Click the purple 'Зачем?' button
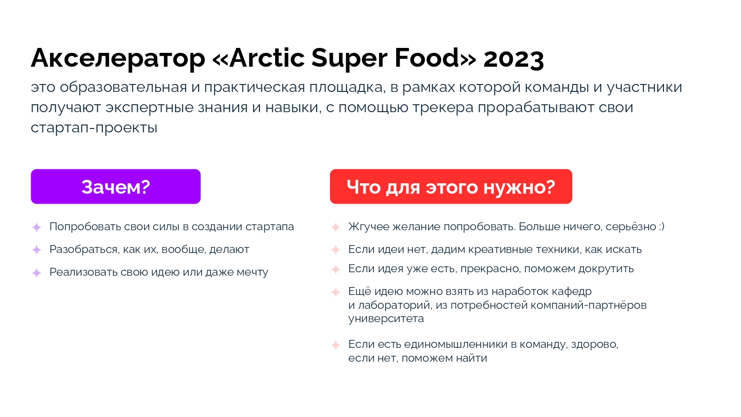point(116,187)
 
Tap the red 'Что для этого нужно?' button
point(451,187)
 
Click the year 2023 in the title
point(513,58)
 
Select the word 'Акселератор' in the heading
point(118,58)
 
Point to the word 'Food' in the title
point(427,58)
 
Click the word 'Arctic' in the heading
point(267,58)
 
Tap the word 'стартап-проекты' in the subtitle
point(94,128)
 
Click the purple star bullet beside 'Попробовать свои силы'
point(37,227)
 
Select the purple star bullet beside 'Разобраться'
point(37,250)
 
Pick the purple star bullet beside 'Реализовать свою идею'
point(37,273)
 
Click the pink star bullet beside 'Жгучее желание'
point(336,227)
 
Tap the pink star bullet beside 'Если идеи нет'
point(336,250)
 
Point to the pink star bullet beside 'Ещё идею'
point(336,292)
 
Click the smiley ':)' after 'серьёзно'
point(661,227)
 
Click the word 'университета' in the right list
point(386,319)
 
